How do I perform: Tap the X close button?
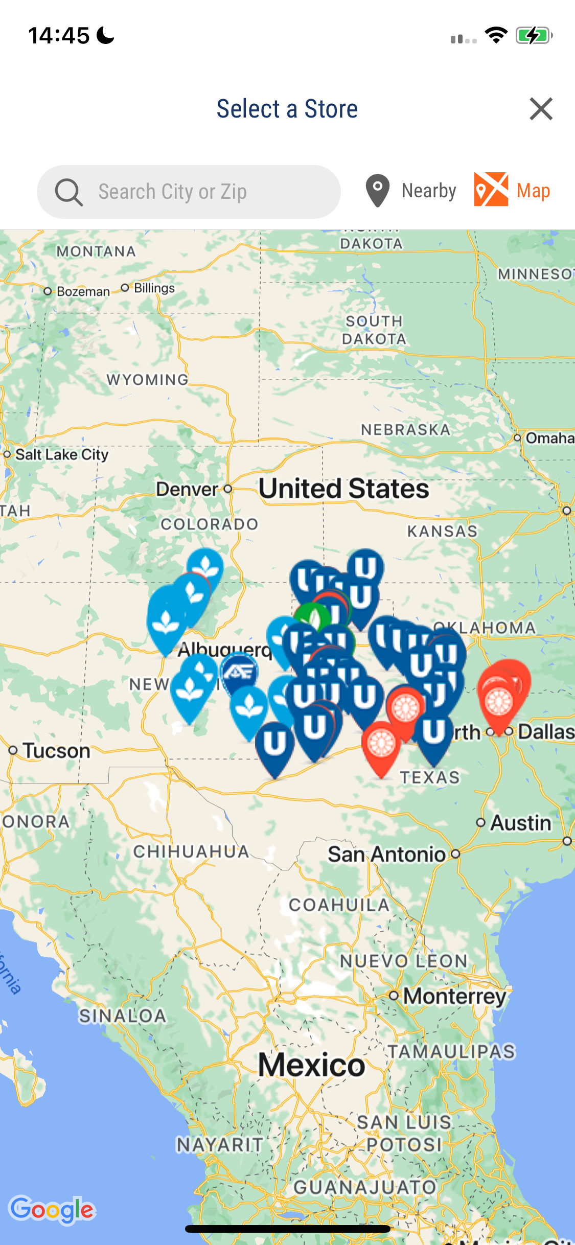coord(541,109)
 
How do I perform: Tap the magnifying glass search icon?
coord(68,192)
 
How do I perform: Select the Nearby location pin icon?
coord(378,191)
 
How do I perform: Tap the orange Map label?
coord(533,191)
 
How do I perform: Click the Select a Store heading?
coord(287,109)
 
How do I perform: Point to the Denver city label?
coord(188,489)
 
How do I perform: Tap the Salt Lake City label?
coord(61,454)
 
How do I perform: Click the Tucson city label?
coord(56,751)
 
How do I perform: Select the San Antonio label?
coord(387,854)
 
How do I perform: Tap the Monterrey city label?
coord(454,996)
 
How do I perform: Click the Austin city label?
coord(521,823)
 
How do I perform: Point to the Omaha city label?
coord(549,438)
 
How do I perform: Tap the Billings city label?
coord(154,288)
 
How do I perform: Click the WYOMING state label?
coord(147,380)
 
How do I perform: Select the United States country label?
coord(343,489)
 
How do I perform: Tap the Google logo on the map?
coord(52,1210)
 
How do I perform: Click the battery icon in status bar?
coord(534,36)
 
